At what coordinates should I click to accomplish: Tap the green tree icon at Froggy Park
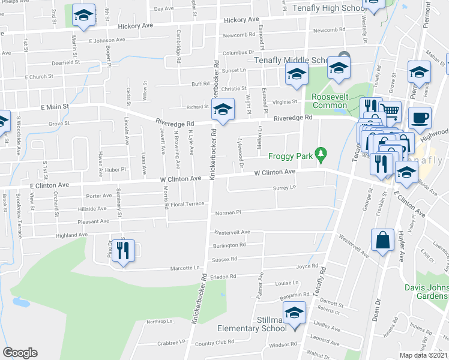[x=321, y=155]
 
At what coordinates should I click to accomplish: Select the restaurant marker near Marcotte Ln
[x=122, y=250]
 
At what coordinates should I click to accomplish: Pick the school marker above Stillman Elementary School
[x=294, y=314]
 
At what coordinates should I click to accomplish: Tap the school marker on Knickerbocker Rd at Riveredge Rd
[x=223, y=110]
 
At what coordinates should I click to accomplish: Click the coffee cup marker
[x=420, y=117]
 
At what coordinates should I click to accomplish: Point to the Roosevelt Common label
[x=330, y=100]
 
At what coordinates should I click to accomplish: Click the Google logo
[x=20, y=353]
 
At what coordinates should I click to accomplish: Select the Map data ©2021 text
[x=424, y=355]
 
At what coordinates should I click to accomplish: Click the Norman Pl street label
[x=228, y=212]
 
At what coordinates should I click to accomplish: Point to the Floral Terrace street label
[x=188, y=204]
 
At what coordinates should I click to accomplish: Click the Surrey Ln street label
[x=285, y=188]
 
